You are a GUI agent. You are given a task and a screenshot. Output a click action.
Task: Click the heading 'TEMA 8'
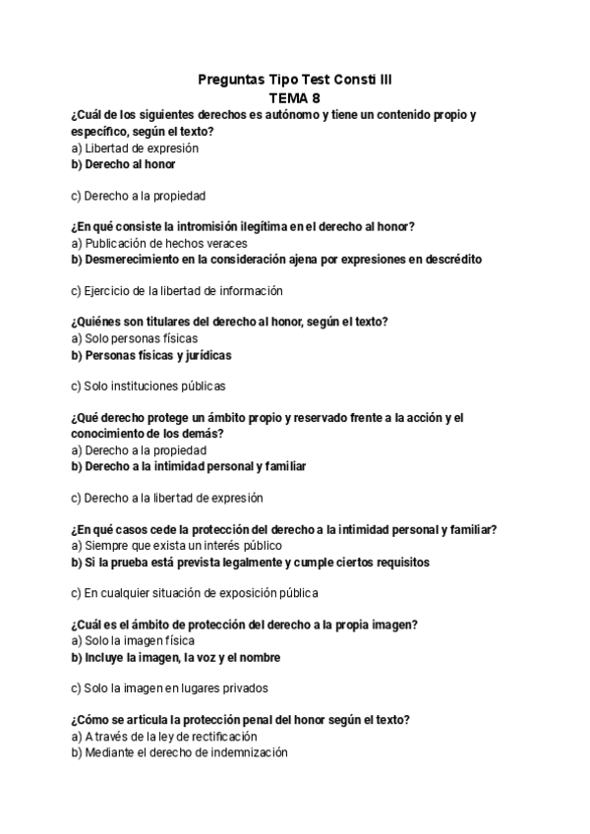(294, 97)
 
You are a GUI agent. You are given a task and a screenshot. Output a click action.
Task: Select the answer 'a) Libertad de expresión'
(135, 148)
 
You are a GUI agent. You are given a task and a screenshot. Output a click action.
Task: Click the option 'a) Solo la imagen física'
(133, 640)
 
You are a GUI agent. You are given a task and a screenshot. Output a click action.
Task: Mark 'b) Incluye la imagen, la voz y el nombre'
(175, 657)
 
